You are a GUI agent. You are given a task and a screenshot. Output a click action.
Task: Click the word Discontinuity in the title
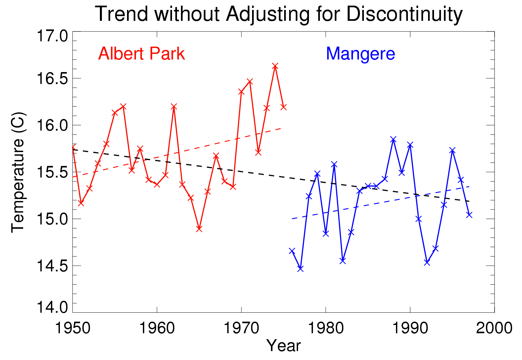coord(404,15)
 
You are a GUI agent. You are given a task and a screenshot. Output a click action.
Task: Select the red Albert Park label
coord(141,54)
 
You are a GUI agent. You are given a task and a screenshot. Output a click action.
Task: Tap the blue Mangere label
coord(360,54)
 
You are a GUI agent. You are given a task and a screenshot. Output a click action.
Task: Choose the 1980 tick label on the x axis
coord(326,328)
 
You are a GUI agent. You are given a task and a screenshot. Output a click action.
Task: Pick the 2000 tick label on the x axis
coord(494,328)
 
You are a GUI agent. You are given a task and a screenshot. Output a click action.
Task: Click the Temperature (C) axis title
coord(18,172)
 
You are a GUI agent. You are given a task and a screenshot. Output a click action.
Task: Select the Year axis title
coord(283,346)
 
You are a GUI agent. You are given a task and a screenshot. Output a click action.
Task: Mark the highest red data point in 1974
coord(275,66)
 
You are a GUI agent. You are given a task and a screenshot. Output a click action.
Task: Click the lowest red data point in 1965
coord(199,229)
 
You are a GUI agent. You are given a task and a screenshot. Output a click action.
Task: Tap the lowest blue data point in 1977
coord(300,269)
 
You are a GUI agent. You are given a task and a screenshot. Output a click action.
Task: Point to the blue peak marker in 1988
coord(393,139)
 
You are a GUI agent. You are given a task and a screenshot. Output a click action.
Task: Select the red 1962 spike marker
coord(174,106)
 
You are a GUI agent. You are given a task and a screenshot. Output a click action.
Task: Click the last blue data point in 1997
coord(469,215)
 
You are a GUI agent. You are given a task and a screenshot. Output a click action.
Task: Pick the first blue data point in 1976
coord(292,251)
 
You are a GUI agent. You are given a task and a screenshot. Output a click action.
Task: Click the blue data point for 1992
coord(427,262)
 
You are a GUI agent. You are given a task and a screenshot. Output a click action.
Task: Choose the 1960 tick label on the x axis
coord(157,328)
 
